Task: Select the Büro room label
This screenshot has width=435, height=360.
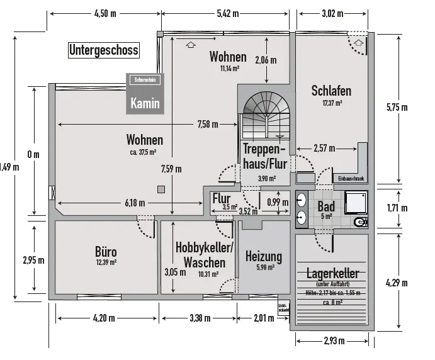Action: point(106,253)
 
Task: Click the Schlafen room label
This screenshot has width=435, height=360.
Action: point(331,91)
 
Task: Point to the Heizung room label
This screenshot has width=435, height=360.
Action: point(263,257)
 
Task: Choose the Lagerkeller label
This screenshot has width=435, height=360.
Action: point(332,274)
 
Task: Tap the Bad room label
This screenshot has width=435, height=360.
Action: point(326,206)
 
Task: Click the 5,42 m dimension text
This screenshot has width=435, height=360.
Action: point(228,13)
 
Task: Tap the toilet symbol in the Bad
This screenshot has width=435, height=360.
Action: point(360,223)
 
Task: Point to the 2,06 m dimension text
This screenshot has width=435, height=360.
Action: point(266,61)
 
